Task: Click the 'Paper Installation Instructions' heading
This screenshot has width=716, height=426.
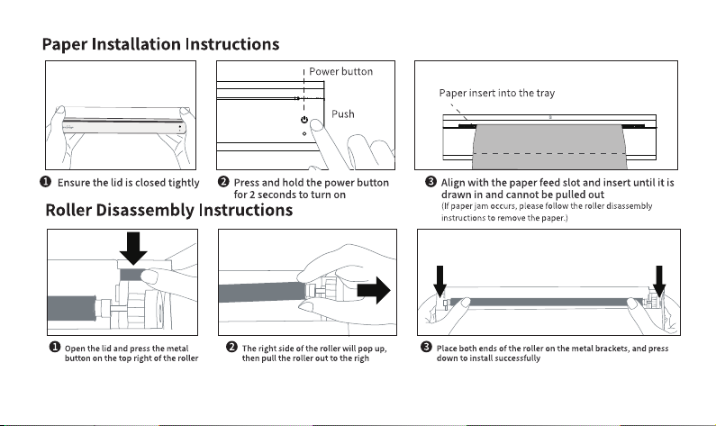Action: click(160, 44)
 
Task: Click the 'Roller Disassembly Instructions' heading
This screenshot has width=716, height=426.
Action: click(169, 210)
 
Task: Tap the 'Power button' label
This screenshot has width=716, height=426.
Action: click(340, 71)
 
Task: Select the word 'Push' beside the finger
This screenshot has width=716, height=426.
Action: click(343, 113)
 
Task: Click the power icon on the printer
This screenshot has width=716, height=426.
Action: click(304, 120)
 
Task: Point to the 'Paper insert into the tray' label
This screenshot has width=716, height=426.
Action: click(497, 93)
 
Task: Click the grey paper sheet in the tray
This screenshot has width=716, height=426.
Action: click(548, 146)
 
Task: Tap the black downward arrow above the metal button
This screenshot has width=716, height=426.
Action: click(133, 249)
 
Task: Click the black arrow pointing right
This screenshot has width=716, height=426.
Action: click(374, 290)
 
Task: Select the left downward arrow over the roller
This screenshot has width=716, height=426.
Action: click(440, 282)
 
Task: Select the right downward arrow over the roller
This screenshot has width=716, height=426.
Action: click(659, 282)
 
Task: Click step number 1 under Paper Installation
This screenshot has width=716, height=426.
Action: click(46, 182)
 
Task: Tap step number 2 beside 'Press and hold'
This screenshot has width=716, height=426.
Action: click(223, 182)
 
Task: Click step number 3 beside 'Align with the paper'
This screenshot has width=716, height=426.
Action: click(431, 182)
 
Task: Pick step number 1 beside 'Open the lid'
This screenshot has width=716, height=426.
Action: click(54, 347)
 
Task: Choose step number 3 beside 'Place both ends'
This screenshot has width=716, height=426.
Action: click(426, 347)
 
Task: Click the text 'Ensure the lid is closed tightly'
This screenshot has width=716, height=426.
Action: click(128, 183)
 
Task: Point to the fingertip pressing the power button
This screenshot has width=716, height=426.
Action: click(316, 124)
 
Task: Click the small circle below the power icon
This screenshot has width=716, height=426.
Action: click(304, 134)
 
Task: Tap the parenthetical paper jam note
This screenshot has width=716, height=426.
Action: click(547, 212)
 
